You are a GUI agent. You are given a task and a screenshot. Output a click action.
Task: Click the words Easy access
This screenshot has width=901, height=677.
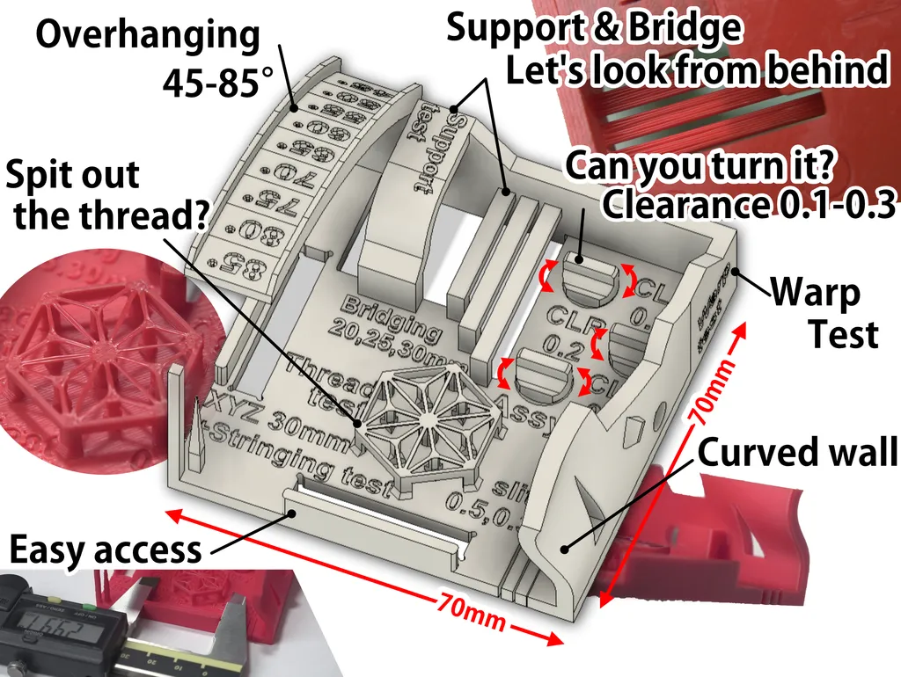tap(105, 550)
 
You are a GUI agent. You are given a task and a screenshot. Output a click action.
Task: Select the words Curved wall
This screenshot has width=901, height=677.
tap(797, 453)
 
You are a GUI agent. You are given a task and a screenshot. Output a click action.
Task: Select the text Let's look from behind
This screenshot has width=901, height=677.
tap(696, 70)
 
